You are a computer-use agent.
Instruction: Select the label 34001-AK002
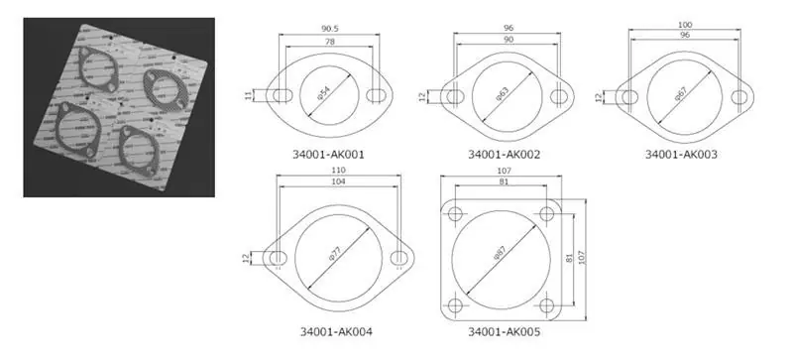[505, 155]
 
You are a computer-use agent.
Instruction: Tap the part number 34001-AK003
[681, 155]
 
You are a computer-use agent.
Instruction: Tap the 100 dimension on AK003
[684, 23]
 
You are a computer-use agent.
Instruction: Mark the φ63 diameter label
[503, 95]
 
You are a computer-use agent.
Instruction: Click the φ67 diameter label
[681, 98]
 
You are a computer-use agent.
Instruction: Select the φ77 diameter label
[335, 258]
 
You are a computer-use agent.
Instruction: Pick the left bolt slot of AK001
[283, 95]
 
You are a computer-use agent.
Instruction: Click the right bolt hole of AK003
[739, 97]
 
